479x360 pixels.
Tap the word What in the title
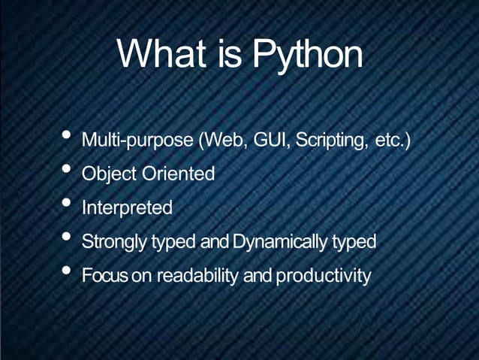coord(161,54)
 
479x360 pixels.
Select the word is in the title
coord(230,54)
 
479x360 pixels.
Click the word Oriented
coord(176,174)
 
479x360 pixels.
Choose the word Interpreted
coord(127,207)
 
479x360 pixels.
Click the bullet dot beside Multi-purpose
coord(67,137)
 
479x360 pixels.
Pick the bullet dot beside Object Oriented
coord(67,171)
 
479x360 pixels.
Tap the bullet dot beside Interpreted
coord(67,204)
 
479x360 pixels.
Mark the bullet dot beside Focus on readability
coord(67,271)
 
